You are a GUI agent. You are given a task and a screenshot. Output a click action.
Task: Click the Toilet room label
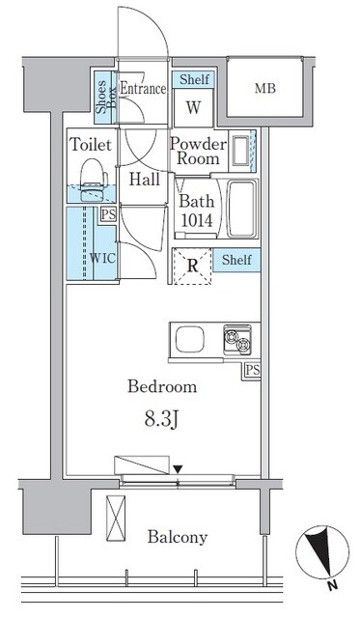point(91,145)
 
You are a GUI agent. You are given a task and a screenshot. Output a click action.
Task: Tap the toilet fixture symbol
point(94,180)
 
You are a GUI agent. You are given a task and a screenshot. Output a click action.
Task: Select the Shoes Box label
point(105,97)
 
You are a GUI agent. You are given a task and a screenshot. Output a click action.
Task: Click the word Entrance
point(142,88)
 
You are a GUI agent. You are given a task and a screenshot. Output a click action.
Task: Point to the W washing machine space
point(193,107)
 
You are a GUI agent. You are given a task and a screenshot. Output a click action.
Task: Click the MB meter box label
point(265,88)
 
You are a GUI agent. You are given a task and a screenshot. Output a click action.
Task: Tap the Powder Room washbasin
point(240,151)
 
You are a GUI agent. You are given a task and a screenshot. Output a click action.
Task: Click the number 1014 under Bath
point(197,220)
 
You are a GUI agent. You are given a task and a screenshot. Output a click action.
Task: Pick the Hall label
point(145,180)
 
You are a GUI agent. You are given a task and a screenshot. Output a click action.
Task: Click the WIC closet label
point(102,258)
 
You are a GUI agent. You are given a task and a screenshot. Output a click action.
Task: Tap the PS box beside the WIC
point(108,215)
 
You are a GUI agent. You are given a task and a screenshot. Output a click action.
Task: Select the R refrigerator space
point(193,267)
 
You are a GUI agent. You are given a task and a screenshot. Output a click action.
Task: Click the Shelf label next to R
point(236,260)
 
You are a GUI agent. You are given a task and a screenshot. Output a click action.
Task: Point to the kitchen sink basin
point(190,340)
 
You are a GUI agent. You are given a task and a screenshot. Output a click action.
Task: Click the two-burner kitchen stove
point(237,339)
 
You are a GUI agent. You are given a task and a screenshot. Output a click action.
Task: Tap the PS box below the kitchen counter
point(253,371)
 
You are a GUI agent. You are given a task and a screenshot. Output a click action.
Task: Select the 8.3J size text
point(162,420)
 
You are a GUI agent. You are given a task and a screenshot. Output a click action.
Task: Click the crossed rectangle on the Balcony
point(116,519)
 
